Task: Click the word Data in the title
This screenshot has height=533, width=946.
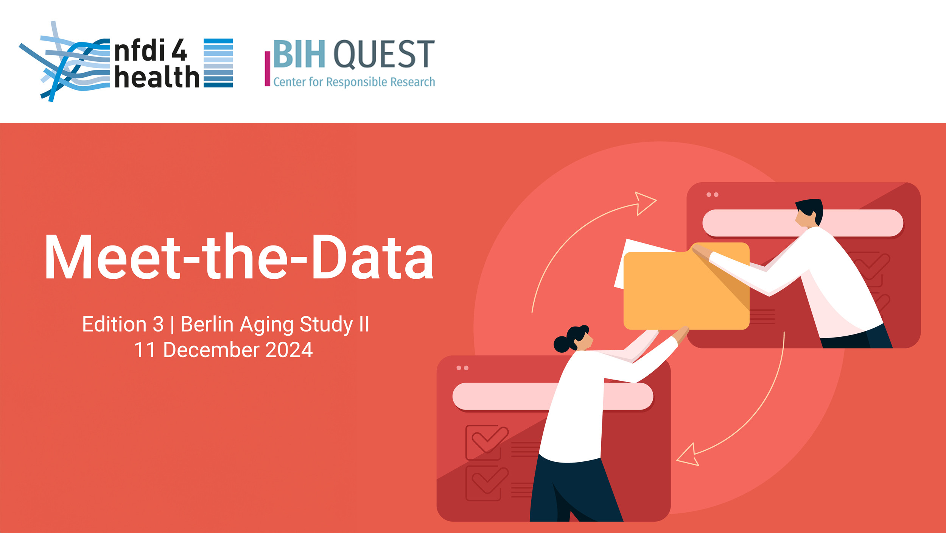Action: pos(372,257)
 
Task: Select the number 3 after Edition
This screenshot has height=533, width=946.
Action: pos(158,324)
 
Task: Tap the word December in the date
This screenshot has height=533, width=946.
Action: pos(211,350)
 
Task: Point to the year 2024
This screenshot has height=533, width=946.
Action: pos(289,350)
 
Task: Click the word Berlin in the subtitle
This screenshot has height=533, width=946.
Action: pos(207,324)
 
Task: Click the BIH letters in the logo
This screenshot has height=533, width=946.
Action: pos(299,54)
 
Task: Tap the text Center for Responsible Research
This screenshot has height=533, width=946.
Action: pos(354,82)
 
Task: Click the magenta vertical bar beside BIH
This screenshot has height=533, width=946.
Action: pos(267,69)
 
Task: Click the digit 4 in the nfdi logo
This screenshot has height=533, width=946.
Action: pos(179,50)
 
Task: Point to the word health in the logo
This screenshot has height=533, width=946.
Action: pos(157,77)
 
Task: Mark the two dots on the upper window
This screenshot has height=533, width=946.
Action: pos(713,195)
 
